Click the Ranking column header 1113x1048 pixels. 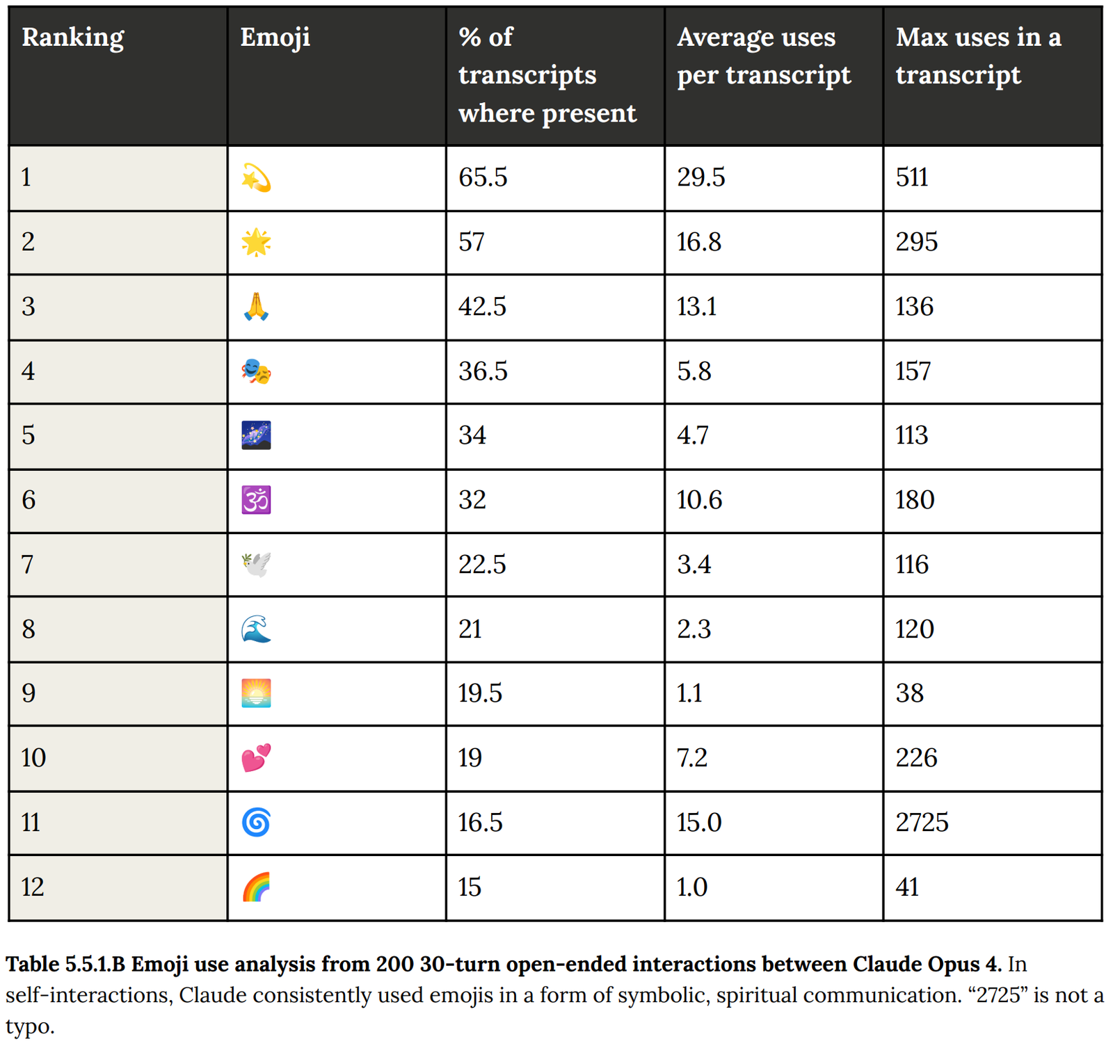pyautogui.click(x=72, y=38)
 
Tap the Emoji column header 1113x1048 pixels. pyautogui.click(x=275, y=38)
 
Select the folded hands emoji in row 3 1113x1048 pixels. pyautogui.click(x=256, y=307)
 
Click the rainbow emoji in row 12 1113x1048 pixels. pyautogui.click(x=256, y=887)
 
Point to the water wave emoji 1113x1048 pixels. pyautogui.click(x=256, y=629)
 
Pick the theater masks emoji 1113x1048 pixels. pyautogui.click(x=256, y=371)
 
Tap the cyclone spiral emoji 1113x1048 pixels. pyautogui.click(x=256, y=823)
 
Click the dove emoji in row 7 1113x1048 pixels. pyautogui.click(x=256, y=565)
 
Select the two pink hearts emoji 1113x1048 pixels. pyautogui.click(x=256, y=758)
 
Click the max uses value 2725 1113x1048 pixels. pyautogui.click(x=922, y=823)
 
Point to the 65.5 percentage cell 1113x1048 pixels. pyautogui.click(x=483, y=178)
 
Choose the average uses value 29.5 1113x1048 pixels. pyautogui.click(x=700, y=178)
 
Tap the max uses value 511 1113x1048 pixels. pyautogui.click(x=912, y=178)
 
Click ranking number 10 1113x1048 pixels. pyautogui.click(x=33, y=758)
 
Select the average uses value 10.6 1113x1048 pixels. pyautogui.click(x=699, y=501)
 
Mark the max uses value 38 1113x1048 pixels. pyautogui.click(x=910, y=693)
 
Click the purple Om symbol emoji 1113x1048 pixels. pyautogui.click(x=256, y=501)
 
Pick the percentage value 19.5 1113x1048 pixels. pyautogui.click(x=480, y=693)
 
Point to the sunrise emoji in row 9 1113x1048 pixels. pyautogui.click(x=256, y=693)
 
